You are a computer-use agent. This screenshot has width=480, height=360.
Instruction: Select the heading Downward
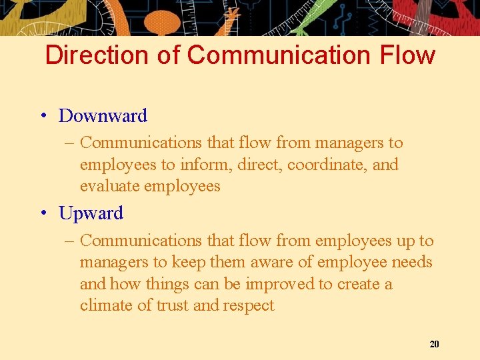click(x=103, y=116)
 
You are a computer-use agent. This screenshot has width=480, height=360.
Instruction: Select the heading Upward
click(x=91, y=213)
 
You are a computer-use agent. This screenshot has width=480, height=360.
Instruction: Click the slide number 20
click(x=435, y=344)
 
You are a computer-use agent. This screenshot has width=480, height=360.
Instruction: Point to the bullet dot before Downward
click(x=43, y=116)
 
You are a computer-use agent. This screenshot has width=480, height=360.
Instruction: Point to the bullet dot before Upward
click(x=43, y=213)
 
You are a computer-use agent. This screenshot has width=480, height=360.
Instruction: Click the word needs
click(x=412, y=263)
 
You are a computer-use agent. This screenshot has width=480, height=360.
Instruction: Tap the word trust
click(x=173, y=305)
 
